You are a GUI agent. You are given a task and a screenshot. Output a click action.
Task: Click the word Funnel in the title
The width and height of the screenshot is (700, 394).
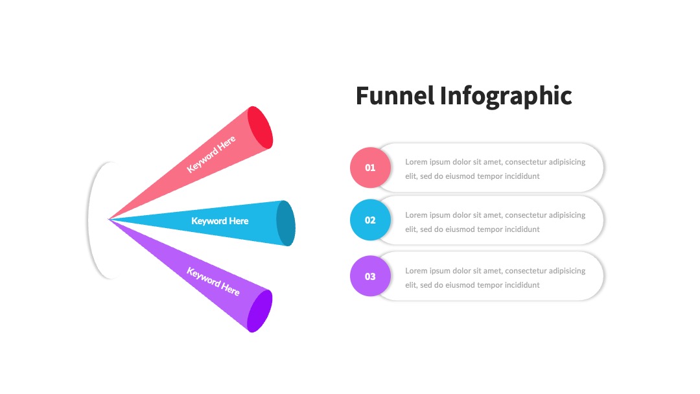[x=395, y=95]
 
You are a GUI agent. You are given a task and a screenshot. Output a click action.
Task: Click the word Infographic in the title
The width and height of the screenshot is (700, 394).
[x=506, y=97]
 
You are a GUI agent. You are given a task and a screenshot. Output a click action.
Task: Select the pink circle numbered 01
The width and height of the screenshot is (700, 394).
[x=370, y=167]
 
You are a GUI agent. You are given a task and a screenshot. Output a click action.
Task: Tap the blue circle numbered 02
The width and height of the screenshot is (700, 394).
[x=370, y=220]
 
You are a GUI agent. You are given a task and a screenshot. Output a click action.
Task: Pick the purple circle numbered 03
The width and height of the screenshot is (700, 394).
[x=370, y=276]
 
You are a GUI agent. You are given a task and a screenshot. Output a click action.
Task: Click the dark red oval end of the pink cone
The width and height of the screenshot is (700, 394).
[x=260, y=128]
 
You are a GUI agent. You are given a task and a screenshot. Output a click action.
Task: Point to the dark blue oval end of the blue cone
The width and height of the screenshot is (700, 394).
[x=286, y=223]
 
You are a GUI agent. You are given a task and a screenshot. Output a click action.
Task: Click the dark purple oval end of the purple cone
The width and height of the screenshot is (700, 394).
[x=260, y=311]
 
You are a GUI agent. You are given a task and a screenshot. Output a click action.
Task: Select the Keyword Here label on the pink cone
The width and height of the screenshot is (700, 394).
[x=211, y=154]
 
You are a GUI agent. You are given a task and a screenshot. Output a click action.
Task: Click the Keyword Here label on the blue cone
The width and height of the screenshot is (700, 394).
[x=220, y=221]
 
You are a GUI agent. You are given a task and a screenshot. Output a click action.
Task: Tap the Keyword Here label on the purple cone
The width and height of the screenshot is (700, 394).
[x=213, y=281]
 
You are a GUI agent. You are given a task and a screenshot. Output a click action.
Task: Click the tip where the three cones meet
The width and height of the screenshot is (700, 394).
[x=108, y=219]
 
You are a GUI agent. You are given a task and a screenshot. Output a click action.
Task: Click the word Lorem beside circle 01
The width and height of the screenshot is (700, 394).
[x=416, y=162]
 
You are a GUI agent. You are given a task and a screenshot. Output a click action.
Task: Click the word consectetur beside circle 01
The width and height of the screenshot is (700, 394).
[x=526, y=162]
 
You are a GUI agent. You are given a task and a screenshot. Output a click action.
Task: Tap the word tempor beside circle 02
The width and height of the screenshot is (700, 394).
[x=491, y=230]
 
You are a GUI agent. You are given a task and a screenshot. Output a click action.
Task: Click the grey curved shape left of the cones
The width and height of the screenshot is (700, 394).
[x=89, y=220]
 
